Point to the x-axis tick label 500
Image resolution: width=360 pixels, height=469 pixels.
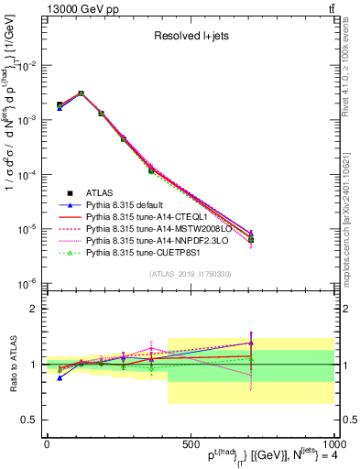point(190,444)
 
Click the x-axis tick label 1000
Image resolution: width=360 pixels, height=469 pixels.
point(332,444)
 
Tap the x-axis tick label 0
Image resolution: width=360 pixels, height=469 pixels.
point(47,444)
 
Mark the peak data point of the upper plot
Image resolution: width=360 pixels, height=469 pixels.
point(81,93)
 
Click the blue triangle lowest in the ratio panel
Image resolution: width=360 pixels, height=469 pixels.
point(60,377)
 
